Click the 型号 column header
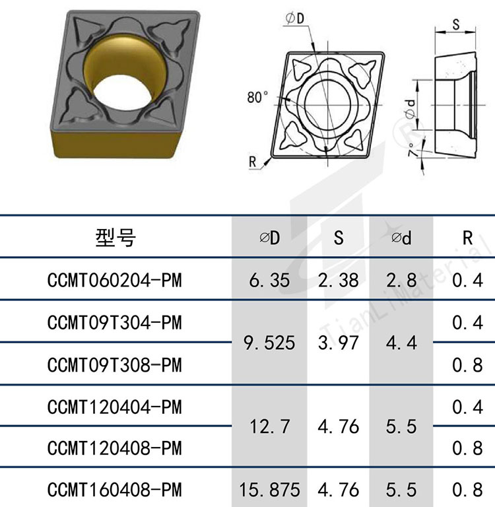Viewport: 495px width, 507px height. point(115,238)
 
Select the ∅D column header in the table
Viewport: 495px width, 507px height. point(270,238)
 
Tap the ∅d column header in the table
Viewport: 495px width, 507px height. point(401,238)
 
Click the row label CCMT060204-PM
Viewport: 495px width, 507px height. point(114,280)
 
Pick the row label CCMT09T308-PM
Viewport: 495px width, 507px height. point(114,365)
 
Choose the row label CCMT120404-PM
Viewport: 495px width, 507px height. point(114,407)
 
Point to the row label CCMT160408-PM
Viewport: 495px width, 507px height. point(114,490)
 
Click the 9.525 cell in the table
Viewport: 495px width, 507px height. point(269,343)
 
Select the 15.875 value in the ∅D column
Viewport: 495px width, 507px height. point(270,490)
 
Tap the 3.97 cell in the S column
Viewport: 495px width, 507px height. point(338,343)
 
